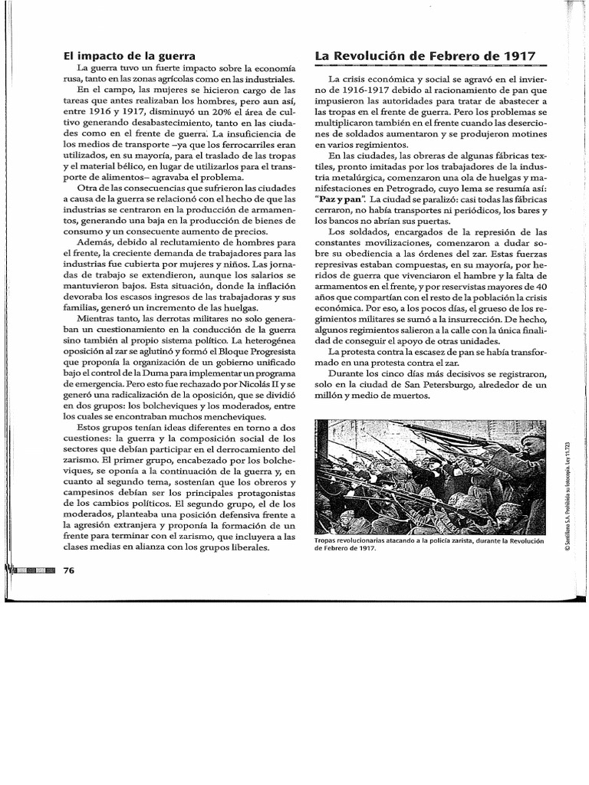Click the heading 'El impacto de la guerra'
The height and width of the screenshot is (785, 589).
pos(130,55)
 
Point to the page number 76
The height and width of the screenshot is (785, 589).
pos(69,570)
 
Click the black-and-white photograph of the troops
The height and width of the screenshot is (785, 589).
pos(430,475)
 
